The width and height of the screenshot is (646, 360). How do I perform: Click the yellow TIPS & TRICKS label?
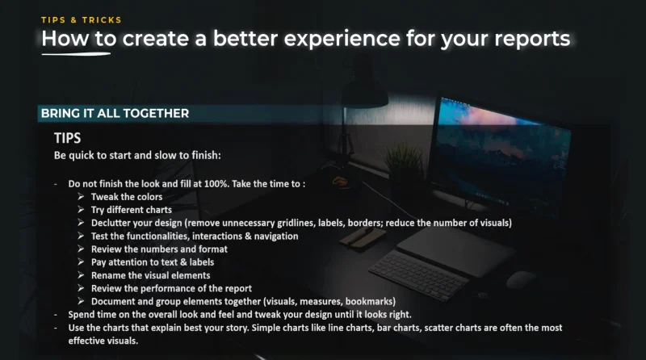(82, 19)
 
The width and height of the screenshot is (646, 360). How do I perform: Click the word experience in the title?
(342, 39)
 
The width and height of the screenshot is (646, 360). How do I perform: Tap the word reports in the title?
(532, 40)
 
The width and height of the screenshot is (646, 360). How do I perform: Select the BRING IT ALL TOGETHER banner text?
(115, 113)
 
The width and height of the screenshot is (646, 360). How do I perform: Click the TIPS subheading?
(68, 138)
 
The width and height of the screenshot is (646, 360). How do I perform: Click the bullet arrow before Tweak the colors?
(81, 196)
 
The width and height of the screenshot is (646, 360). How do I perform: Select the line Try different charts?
(132, 210)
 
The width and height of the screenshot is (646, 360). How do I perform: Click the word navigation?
(276, 237)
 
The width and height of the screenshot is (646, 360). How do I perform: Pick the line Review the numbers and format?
(159, 249)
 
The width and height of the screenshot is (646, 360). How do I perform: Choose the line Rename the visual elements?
(150, 275)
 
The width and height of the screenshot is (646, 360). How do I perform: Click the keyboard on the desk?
(418, 274)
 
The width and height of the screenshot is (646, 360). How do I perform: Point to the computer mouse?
(521, 280)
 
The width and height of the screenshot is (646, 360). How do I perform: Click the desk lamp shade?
(365, 93)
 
